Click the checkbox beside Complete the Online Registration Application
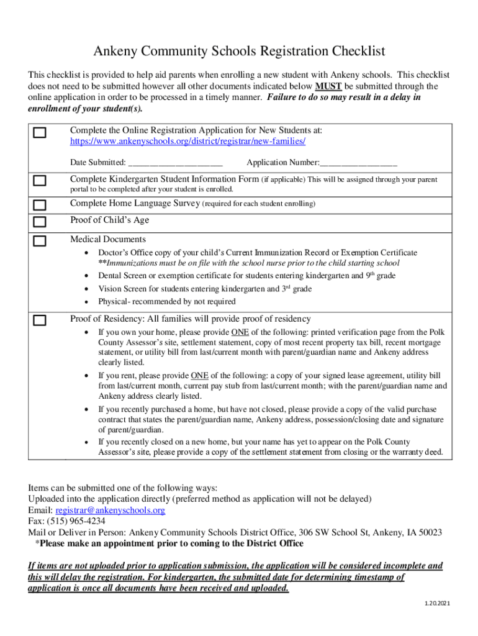point(40,133)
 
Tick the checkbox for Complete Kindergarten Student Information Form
point(40,181)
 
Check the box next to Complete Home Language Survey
point(40,205)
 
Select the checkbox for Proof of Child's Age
point(40,222)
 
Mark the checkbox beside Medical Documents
point(40,241)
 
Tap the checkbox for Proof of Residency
point(40,320)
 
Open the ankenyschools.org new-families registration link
point(187,142)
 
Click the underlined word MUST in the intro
point(327,86)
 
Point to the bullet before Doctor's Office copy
point(86,253)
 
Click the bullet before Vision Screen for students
point(86,289)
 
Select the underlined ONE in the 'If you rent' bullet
point(199,375)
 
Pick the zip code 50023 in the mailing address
point(430,532)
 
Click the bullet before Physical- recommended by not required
point(86,302)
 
